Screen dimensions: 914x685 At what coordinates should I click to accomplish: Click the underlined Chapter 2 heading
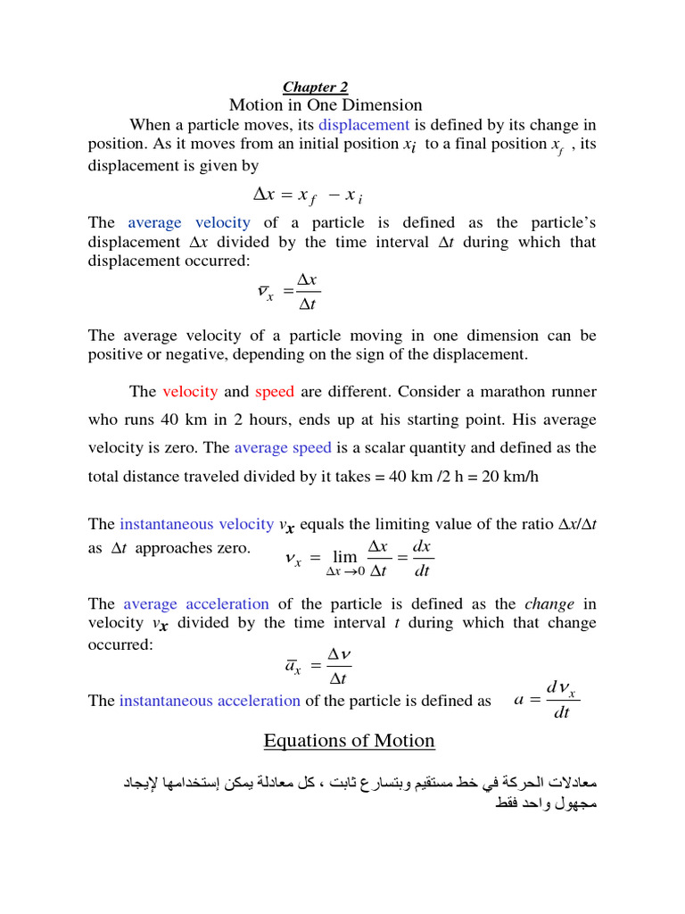315,87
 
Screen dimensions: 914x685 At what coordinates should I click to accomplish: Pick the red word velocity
190,391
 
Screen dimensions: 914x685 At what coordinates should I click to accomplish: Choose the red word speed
275,391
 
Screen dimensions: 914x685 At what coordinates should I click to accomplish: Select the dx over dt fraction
423,558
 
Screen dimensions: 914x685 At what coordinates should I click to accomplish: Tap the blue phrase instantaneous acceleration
210,700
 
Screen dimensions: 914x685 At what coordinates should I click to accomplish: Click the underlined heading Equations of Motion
349,740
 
